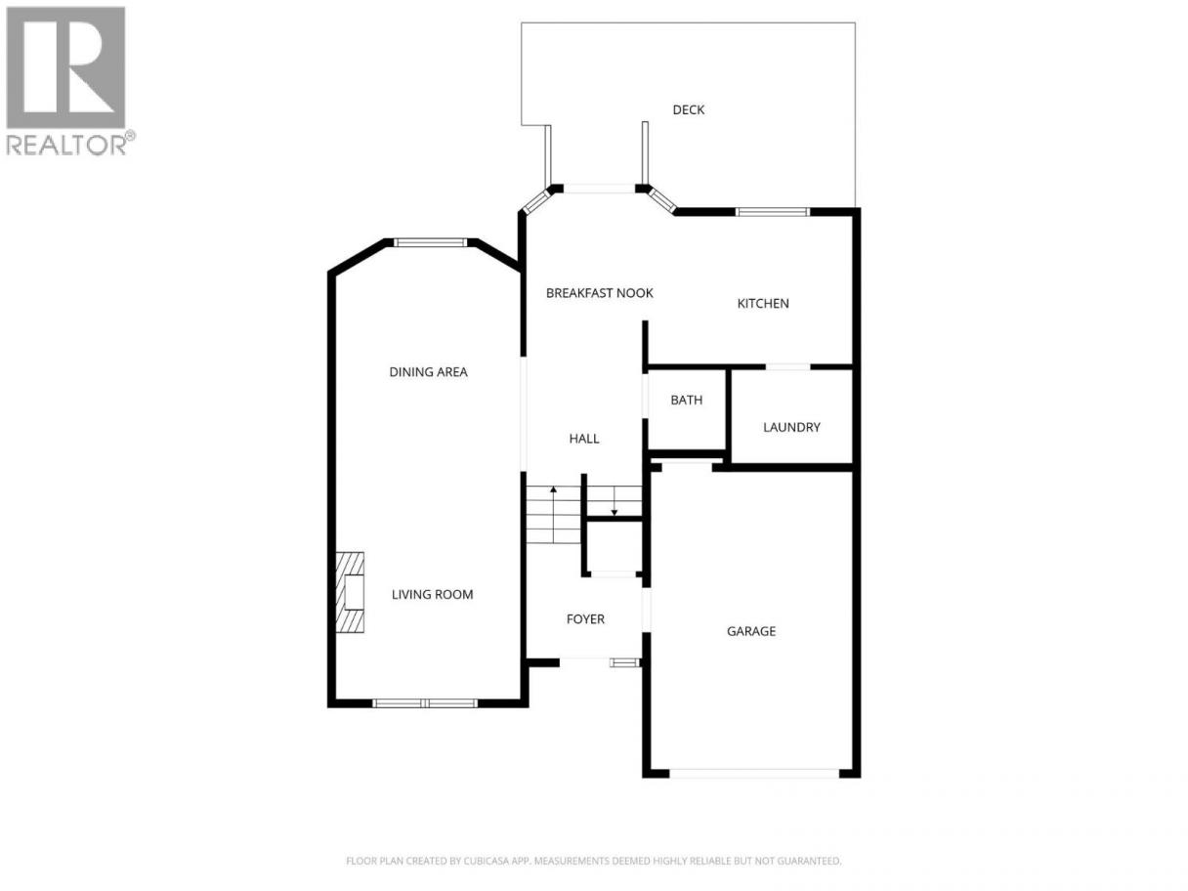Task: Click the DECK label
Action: pos(688,109)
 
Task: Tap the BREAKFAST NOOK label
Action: pos(599,293)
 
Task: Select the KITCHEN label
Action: pos(763,304)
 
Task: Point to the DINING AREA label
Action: pos(428,372)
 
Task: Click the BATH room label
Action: pos(686,401)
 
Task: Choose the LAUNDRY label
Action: pos(791,427)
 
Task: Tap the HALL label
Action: pos(584,439)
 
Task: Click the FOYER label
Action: pos(585,618)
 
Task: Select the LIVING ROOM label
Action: pos(432,595)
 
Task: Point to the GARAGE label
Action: pos(750,631)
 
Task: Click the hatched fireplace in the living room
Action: pos(350,592)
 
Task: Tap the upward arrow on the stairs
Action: pos(553,515)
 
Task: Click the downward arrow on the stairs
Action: pos(615,501)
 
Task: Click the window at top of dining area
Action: pos(430,242)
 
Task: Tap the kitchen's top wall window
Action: pos(773,212)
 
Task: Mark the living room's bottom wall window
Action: pos(425,703)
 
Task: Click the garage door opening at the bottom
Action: pos(754,774)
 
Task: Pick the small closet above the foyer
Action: pos(614,546)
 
